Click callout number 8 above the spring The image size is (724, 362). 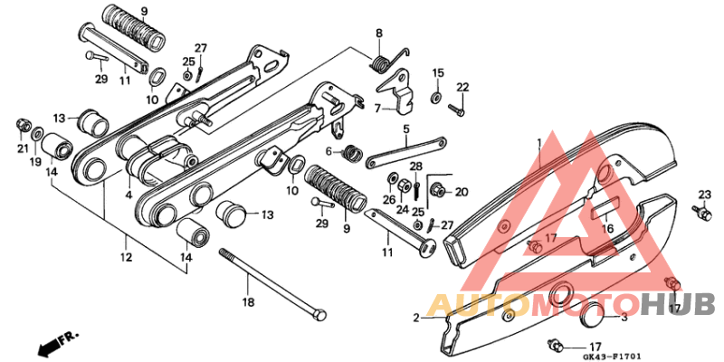(x=379, y=33)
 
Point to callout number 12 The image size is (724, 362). (x=126, y=258)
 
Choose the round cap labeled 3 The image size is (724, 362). (x=591, y=318)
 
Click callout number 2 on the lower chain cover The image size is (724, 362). (x=417, y=318)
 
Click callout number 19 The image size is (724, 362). (x=35, y=162)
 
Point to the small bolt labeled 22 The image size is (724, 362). (x=457, y=111)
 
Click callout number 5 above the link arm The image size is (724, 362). (x=407, y=129)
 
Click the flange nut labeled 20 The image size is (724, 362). (x=439, y=190)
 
